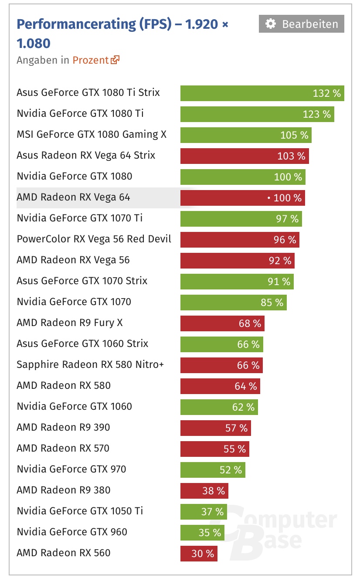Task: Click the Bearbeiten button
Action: coord(301,24)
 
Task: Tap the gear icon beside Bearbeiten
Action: coord(271,24)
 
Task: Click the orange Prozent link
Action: coord(90,60)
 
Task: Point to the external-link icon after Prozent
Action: coord(115,60)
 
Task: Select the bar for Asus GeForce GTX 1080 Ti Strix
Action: coord(262,93)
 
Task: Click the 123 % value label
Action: coord(317,114)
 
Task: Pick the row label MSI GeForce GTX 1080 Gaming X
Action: coord(92,134)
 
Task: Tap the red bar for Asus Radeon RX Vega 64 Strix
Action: coord(245,156)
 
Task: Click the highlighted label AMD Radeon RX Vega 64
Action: coord(73,197)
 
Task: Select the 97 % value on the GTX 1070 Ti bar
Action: coord(287,219)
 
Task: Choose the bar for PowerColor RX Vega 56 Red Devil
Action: coord(240,240)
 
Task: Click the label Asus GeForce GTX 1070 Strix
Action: coord(82,281)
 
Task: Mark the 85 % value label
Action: coord(272,303)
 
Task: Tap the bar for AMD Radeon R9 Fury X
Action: coord(222,323)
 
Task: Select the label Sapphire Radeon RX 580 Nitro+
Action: coord(90,364)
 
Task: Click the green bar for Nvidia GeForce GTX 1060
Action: coord(219,407)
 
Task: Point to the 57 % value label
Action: coord(236,428)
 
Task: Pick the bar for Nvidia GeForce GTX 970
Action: coord(213,470)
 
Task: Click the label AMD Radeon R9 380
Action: coord(63,490)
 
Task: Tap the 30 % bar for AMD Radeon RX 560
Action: coord(199,554)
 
